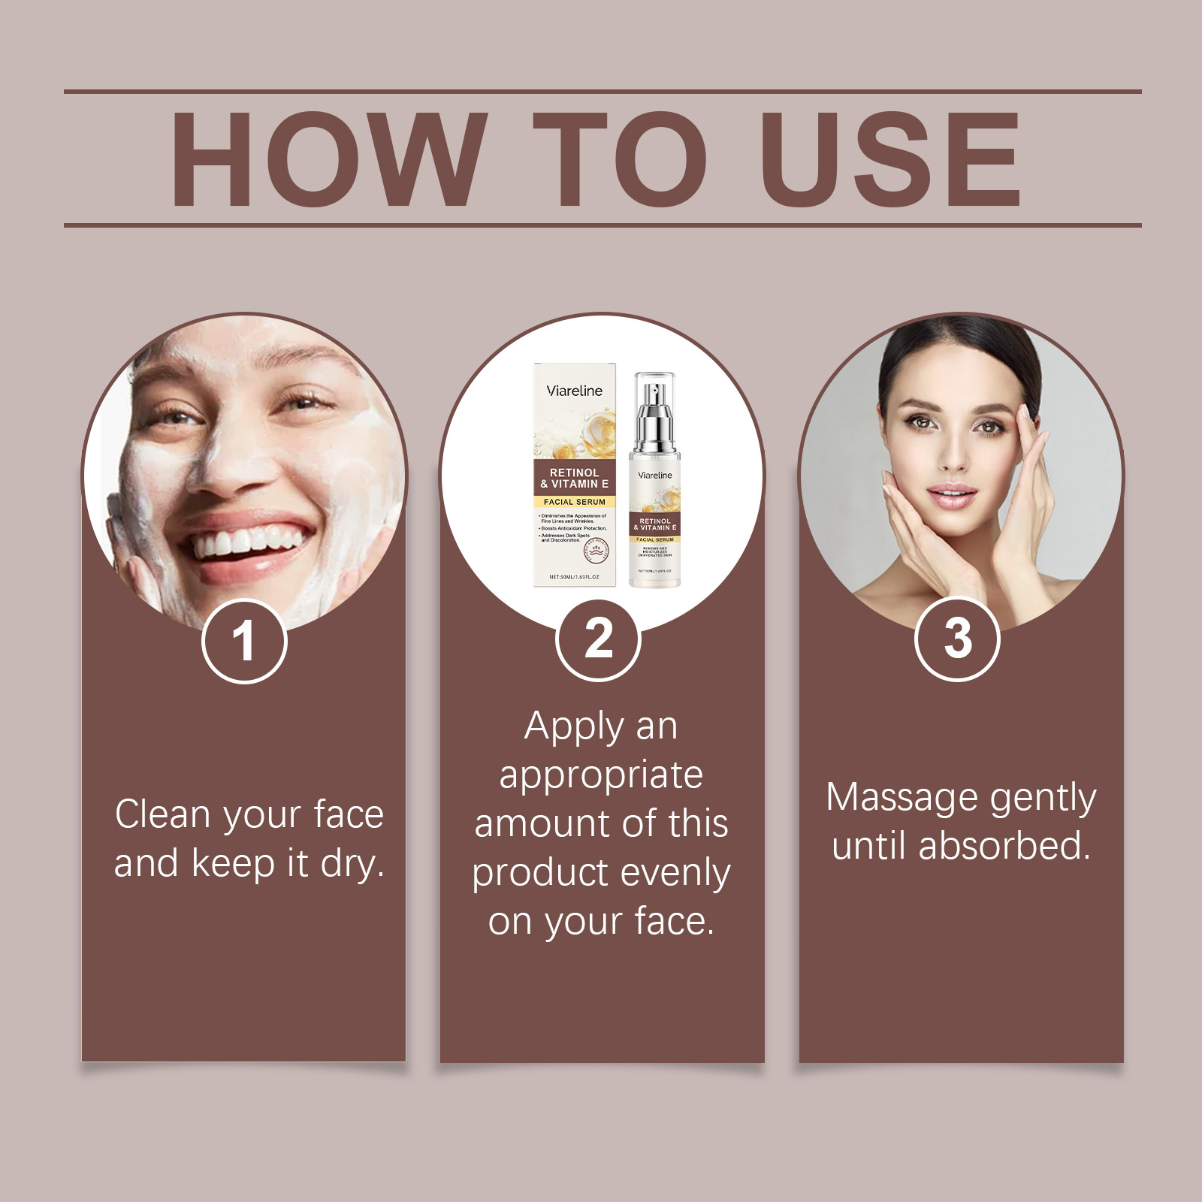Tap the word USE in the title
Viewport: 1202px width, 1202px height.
[x=890, y=159]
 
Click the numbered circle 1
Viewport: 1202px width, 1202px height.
[x=244, y=641]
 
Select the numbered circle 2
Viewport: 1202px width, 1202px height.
[x=598, y=639]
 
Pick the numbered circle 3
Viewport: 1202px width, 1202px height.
[x=957, y=639]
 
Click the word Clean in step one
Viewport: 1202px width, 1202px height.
[x=162, y=814]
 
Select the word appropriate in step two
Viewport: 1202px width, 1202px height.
[x=601, y=775]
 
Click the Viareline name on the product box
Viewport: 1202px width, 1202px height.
[x=574, y=391]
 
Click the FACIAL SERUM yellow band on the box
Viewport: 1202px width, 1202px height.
[x=574, y=501]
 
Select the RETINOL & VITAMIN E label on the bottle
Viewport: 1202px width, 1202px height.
[x=655, y=524]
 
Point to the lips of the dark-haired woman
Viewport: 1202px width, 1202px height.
[x=951, y=496]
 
